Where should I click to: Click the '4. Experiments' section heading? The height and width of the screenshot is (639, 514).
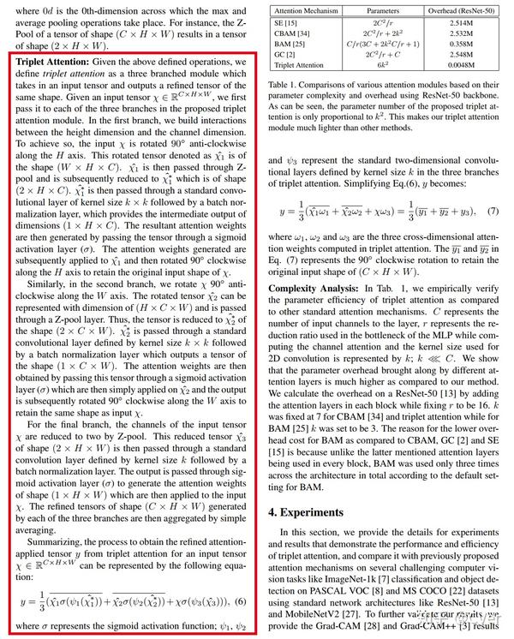[319, 512]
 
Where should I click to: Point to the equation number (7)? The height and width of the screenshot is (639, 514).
[492, 210]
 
